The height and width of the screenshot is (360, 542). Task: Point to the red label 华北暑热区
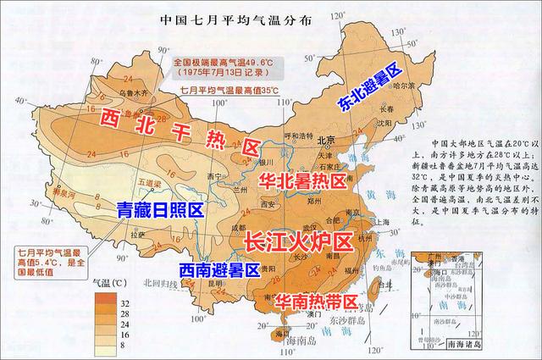coord(301,180)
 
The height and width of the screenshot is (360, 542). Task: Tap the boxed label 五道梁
coord(124,180)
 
